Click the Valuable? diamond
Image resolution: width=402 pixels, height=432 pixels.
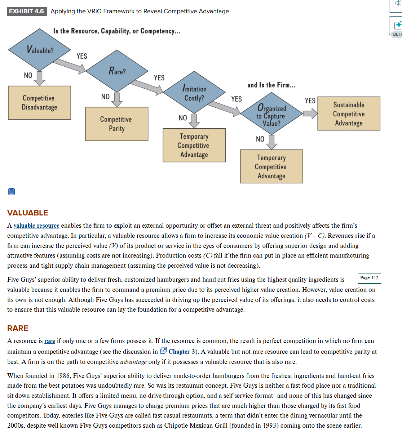tap(40, 50)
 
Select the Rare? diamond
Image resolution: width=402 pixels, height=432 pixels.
tap(117, 71)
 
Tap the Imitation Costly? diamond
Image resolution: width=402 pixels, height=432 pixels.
tap(194, 93)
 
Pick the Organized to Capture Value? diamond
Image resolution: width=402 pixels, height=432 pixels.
tap(271, 115)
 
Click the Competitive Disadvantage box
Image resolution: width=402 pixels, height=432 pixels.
tap(39, 103)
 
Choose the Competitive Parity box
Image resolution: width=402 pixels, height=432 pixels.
tap(116, 124)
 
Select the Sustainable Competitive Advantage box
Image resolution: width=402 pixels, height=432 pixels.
tap(349, 113)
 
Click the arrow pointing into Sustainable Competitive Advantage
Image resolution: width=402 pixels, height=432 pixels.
tap(310, 114)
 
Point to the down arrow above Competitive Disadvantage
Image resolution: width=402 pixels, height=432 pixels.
tap(39, 78)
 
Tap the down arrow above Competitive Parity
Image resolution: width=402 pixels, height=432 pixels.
tap(116, 99)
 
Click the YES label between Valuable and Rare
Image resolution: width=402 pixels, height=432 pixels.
tap(82, 56)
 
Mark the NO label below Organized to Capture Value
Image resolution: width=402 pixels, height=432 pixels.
tap(260, 139)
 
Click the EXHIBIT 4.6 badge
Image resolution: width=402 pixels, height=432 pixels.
tap(27, 11)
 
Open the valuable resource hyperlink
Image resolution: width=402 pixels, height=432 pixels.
tap(36, 226)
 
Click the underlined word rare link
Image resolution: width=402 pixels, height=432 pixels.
tap(50, 341)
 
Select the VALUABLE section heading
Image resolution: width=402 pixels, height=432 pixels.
tap(27, 213)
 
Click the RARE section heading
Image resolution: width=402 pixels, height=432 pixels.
tap(18, 328)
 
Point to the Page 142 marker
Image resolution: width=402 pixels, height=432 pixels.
tap(369, 278)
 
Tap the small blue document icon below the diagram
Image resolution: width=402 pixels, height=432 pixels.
tap(12, 192)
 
